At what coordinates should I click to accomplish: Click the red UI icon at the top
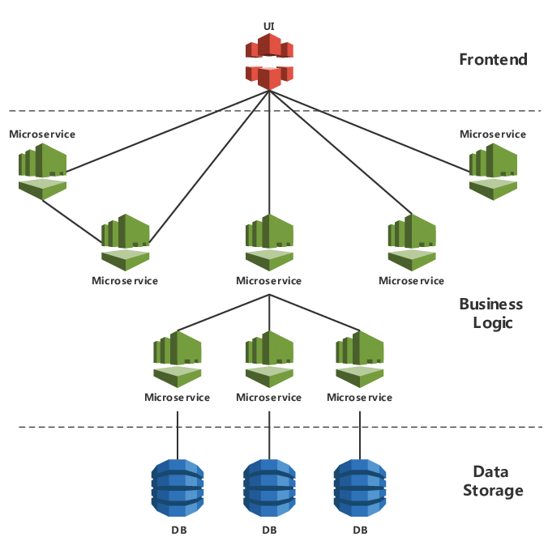pos(268,62)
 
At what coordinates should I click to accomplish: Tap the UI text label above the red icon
pos(268,27)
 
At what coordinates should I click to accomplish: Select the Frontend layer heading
pos(493,59)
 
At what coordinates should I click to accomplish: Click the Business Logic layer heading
pos(491,313)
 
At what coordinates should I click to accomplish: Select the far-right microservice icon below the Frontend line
pos(493,170)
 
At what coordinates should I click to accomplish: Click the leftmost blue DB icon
pos(178,488)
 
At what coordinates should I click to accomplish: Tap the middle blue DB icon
pos(269,488)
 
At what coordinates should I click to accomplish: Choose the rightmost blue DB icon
pos(360,488)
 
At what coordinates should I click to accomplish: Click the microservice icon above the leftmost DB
pos(178,358)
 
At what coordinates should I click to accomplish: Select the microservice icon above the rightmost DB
pos(360,358)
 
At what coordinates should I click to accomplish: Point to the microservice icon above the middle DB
pos(269,358)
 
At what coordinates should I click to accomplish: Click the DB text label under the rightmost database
pos(360,530)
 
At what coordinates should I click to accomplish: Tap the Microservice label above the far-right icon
pos(493,134)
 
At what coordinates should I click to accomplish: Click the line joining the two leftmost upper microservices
pos(71,220)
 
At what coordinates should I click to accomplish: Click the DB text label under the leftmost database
pos(178,530)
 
